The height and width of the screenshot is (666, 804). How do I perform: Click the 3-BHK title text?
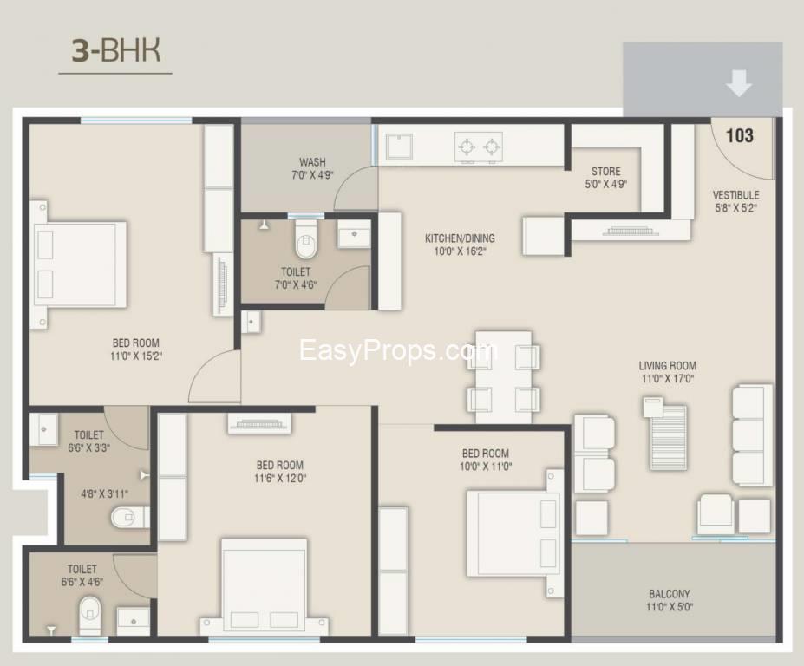click(115, 51)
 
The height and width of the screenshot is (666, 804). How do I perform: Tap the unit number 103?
click(739, 135)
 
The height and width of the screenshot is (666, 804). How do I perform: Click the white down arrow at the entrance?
click(738, 84)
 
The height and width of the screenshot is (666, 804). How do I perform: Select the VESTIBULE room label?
click(735, 201)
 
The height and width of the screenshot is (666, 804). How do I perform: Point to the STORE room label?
click(605, 177)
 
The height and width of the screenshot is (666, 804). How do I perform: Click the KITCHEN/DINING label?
click(460, 245)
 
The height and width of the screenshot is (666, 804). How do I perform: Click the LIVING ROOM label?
click(667, 372)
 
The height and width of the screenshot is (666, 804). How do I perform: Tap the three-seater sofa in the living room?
click(751, 434)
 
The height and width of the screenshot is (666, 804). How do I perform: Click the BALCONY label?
click(670, 600)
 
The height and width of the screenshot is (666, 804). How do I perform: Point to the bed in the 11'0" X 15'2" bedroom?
click(79, 264)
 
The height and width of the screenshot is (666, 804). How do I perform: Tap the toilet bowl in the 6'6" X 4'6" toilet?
click(89, 614)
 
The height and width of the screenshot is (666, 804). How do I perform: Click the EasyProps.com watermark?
click(397, 351)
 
